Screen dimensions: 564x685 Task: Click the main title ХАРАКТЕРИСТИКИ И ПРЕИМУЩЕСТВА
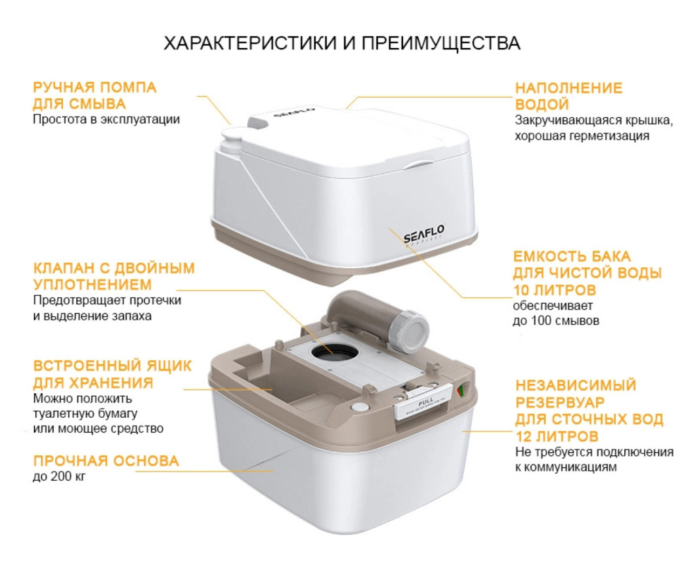(342, 43)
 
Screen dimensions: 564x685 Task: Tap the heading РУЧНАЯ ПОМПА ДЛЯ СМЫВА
(95, 96)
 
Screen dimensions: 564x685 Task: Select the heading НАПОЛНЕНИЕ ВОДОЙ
(568, 96)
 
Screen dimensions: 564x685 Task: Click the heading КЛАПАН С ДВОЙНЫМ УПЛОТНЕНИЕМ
(114, 277)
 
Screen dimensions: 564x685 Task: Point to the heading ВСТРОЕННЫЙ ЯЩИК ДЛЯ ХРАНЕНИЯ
(112, 374)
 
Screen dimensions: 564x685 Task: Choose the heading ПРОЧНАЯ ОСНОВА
(105, 462)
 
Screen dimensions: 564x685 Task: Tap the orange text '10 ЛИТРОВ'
(555, 290)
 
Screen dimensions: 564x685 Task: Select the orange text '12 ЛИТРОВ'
(556, 436)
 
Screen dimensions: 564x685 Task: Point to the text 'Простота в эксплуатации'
(106, 119)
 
